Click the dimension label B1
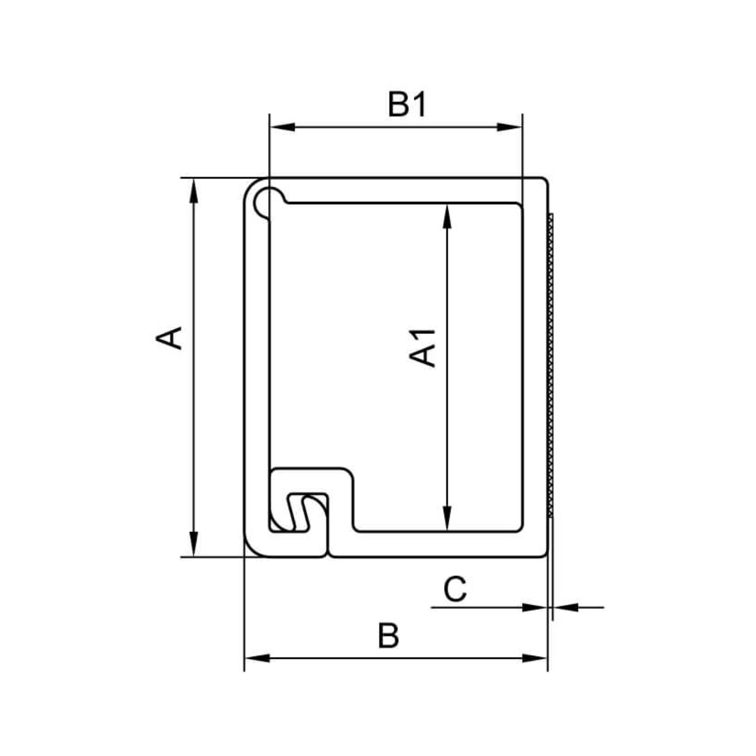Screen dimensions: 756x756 407,104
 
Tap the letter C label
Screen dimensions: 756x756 455,589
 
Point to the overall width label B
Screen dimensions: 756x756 389,636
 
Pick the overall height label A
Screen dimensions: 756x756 169,338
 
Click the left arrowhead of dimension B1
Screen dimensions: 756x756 282,127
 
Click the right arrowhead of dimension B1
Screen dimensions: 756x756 510,127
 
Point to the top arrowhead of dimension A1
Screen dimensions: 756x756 447,216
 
